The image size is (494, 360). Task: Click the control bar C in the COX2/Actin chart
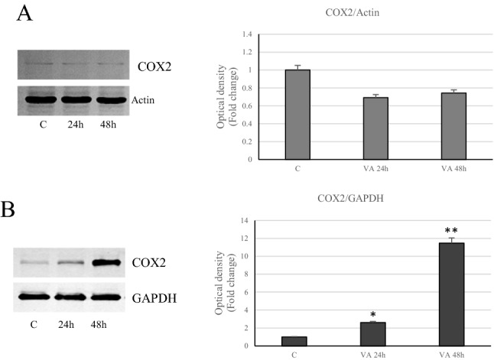(x=297, y=115)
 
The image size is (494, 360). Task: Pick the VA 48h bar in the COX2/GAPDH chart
(x=451, y=294)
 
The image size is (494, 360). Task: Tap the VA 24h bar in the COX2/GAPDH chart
(x=373, y=333)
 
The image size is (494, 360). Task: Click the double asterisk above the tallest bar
(x=451, y=229)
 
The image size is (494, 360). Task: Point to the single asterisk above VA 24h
(x=373, y=314)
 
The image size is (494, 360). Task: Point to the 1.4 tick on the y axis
(x=246, y=34)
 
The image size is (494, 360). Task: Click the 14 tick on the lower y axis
(x=246, y=221)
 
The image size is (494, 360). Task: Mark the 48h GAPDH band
(x=109, y=296)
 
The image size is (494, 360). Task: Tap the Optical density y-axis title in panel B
(x=223, y=283)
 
